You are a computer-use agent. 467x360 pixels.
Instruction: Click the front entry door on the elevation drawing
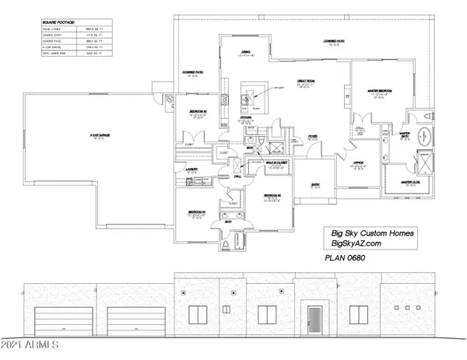(x=314, y=320)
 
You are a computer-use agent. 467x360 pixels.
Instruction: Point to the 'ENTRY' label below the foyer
(x=316, y=184)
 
